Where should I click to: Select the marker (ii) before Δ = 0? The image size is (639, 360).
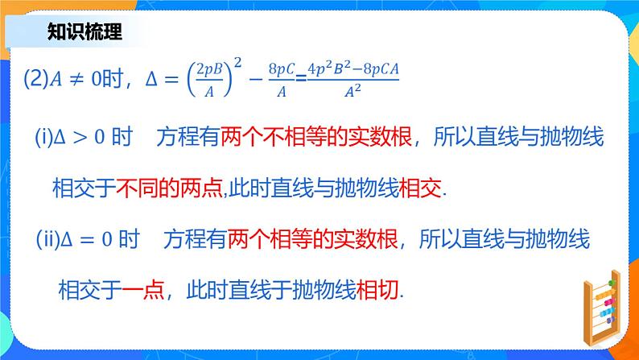49,239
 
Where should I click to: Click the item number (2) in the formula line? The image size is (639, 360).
36,80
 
